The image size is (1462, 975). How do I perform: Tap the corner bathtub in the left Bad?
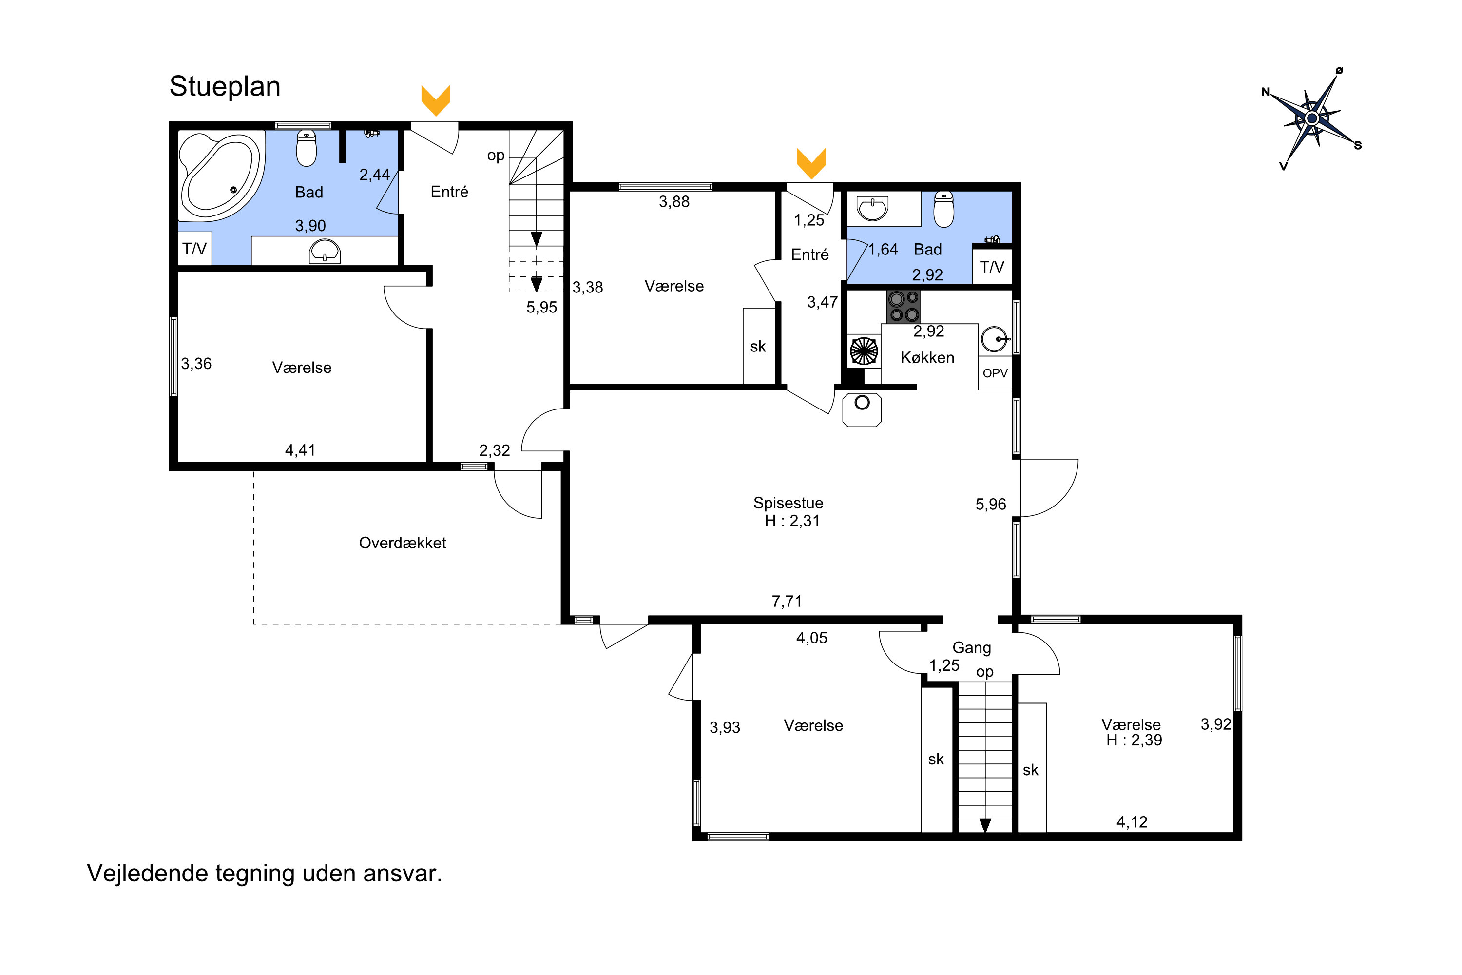[220, 176]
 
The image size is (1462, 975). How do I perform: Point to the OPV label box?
[995, 373]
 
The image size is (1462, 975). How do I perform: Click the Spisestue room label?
[788, 503]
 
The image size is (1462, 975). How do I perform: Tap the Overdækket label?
[403, 543]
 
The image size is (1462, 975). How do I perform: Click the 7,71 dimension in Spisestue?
[787, 601]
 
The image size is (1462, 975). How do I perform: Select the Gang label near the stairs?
[972, 648]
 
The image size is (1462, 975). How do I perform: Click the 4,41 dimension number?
[300, 450]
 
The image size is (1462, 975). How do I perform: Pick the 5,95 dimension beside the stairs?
[541, 307]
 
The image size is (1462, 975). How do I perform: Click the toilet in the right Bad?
[943, 209]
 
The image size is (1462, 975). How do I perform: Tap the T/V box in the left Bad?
[194, 249]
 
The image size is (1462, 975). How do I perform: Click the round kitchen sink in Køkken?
[995, 339]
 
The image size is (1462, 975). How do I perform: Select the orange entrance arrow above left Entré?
[436, 100]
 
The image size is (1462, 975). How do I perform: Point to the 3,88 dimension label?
[674, 201]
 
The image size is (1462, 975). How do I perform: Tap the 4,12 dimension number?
[1132, 822]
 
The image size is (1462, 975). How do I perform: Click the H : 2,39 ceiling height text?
[1135, 740]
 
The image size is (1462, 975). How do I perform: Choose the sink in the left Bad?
[325, 251]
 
